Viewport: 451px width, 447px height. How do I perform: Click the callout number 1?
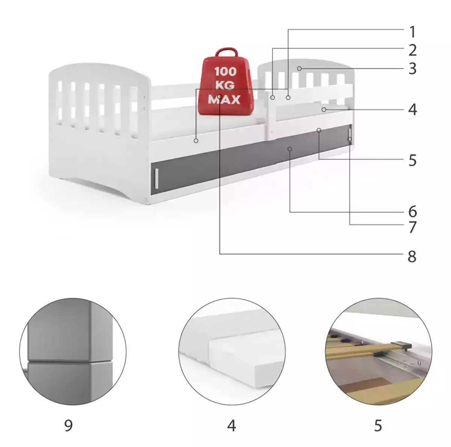412,32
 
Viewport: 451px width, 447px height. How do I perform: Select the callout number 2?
412,50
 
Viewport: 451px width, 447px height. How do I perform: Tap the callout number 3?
412,68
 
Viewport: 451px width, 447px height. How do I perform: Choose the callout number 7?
412,227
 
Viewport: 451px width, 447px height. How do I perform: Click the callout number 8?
412,256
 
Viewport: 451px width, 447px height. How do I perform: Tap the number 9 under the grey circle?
68,425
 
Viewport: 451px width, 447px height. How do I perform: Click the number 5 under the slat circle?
378,425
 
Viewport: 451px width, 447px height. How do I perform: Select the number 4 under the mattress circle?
231,425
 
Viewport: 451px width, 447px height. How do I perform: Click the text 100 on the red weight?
225,71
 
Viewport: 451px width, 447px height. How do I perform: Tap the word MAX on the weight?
224,99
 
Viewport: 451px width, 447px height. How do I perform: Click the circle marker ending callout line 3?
299,68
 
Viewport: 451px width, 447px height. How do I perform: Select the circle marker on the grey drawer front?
290,149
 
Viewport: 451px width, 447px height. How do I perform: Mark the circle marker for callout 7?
350,139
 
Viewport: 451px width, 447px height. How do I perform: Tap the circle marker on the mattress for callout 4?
324,109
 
